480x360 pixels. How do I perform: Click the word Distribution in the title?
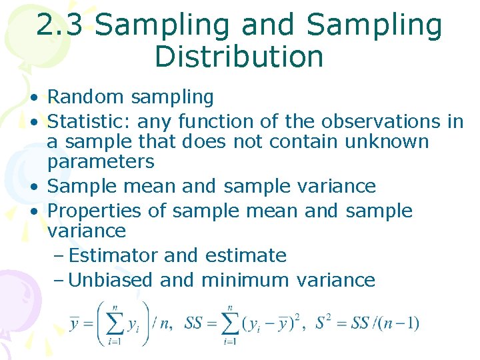239,57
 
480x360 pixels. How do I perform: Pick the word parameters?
101,162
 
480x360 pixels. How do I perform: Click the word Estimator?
113,255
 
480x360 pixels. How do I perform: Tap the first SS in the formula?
194,324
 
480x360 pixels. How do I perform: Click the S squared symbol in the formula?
322,323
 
